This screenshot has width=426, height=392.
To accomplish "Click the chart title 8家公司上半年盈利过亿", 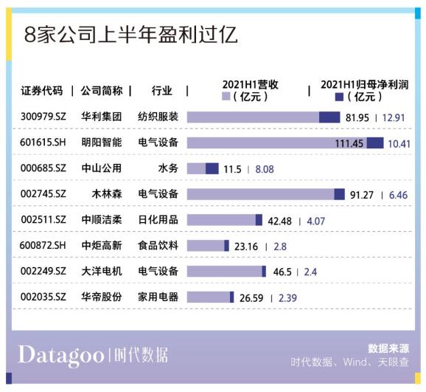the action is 131,34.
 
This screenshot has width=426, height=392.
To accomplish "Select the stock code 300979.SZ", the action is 43,117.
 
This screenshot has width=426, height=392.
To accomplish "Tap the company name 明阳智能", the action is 102,142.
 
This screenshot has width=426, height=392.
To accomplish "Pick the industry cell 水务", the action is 168,168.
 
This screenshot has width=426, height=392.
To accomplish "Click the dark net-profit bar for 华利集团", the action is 329,117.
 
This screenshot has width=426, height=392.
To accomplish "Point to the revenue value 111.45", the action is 349,143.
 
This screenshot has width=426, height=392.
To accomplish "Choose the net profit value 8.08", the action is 265,169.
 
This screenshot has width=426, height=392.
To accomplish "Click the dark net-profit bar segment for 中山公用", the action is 212,168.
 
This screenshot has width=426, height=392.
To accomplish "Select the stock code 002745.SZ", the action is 43,194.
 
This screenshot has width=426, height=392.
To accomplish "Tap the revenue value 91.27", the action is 361,195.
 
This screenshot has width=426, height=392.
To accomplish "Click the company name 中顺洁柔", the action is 102,219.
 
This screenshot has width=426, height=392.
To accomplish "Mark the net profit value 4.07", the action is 315,221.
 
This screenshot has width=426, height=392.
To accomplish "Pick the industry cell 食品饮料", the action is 158,245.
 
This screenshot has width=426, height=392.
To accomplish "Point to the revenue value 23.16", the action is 246,247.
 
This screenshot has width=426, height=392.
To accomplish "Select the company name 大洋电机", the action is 102,271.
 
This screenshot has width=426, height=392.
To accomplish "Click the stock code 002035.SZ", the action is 43,297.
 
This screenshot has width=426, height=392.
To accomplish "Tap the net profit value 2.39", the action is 287,298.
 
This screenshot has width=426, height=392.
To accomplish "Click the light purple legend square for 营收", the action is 226,96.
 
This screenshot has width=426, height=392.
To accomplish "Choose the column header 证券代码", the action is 42,91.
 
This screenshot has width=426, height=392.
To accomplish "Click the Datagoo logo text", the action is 61,355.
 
